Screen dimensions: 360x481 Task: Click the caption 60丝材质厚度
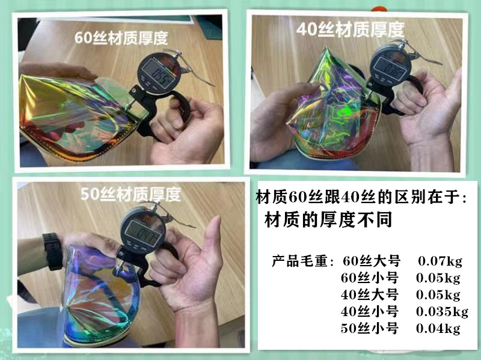click(120, 37)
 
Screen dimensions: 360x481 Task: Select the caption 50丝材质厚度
click(131, 194)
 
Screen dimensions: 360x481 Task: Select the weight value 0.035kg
click(442, 311)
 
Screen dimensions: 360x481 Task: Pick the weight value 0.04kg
click(438, 329)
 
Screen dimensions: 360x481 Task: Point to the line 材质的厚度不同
click(328, 220)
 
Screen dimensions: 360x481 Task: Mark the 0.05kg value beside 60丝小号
click(438, 278)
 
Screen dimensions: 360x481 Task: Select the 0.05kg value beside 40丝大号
click(438, 295)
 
